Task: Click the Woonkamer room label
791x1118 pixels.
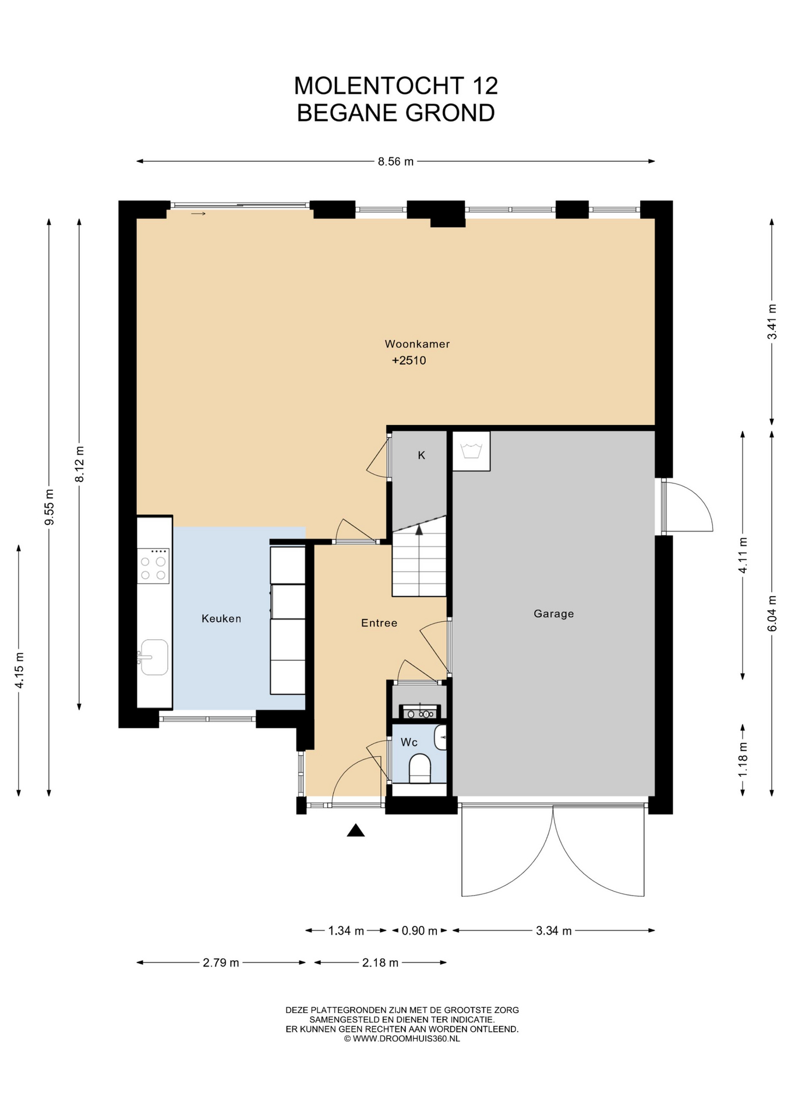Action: pyautogui.click(x=417, y=344)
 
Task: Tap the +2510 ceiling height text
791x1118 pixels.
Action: pyautogui.click(x=409, y=360)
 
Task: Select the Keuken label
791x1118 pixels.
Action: pyautogui.click(x=221, y=618)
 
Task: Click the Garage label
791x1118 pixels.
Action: pyautogui.click(x=554, y=614)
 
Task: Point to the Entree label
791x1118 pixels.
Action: pyautogui.click(x=379, y=623)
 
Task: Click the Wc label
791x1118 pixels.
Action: pyautogui.click(x=409, y=742)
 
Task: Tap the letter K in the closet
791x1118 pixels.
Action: pyautogui.click(x=422, y=455)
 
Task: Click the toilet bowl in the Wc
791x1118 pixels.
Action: pyautogui.click(x=419, y=768)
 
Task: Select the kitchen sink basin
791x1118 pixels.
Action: pyautogui.click(x=154, y=657)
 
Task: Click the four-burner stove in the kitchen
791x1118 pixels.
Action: pyautogui.click(x=153, y=566)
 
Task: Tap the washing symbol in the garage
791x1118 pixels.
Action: pyautogui.click(x=471, y=451)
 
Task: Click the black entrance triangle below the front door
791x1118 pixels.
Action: pyautogui.click(x=356, y=830)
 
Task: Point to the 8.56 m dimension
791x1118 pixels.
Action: pyautogui.click(x=395, y=162)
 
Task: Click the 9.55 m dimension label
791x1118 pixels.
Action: pyautogui.click(x=50, y=507)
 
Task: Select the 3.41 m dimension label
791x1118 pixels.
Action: pyautogui.click(x=772, y=322)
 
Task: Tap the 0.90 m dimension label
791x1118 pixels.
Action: pyautogui.click(x=419, y=931)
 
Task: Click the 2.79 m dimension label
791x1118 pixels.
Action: pyautogui.click(x=221, y=963)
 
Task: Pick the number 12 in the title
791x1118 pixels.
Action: pyautogui.click(x=485, y=86)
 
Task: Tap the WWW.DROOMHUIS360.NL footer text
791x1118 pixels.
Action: pyautogui.click(x=406, y=1039)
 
